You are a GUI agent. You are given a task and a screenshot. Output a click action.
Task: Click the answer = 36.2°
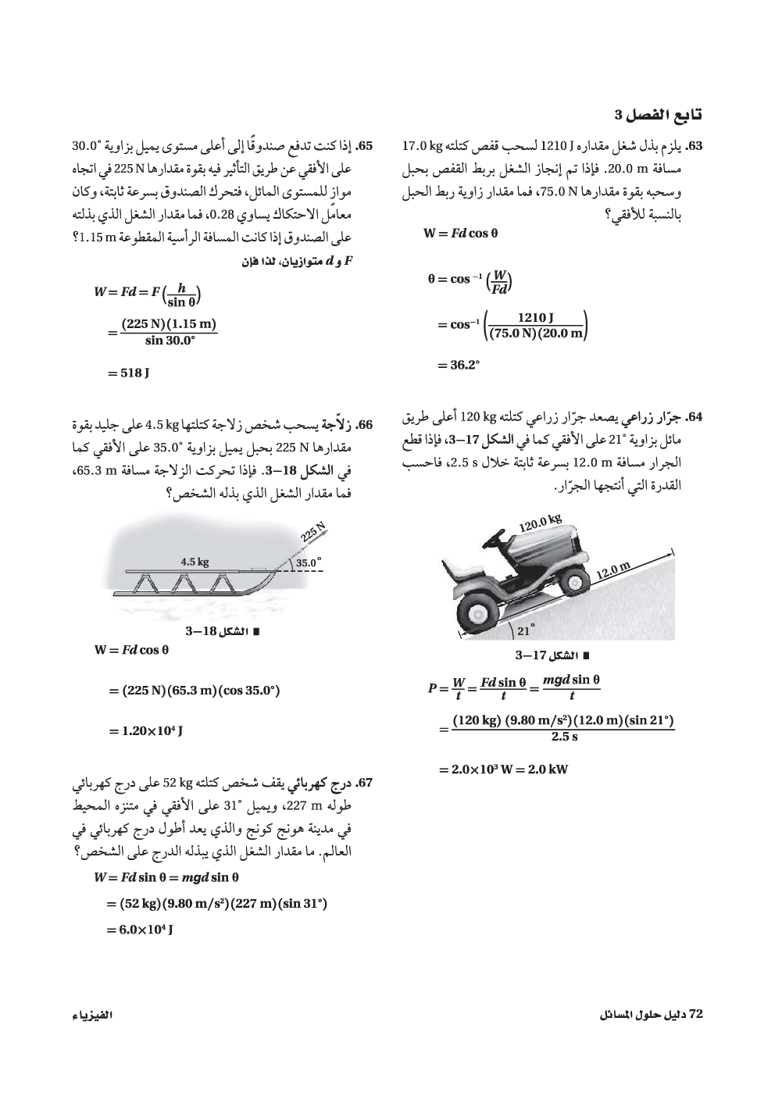point(454,364)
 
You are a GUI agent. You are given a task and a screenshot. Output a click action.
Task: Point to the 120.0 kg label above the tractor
point(541,523)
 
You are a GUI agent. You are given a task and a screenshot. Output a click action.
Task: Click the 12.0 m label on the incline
point(613,571)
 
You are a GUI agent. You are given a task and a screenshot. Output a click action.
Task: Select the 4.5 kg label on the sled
point(195,562)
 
